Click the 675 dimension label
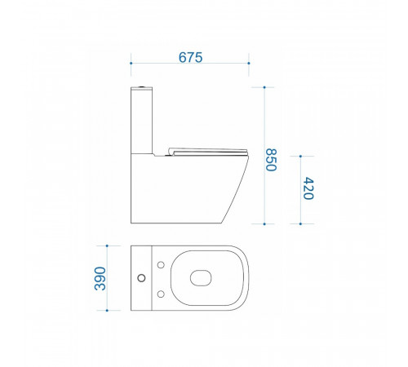click(x=190, y=57)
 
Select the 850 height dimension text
click(x=271, y=160)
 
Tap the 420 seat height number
click(x=308, y=188)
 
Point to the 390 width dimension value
click(x=100, y=279)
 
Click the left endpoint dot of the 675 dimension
click(x=131, y=63)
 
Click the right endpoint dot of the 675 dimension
click(x=249, y=63)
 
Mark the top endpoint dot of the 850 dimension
click(x=264, y=87)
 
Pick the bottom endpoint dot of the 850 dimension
click(x=264, y=224)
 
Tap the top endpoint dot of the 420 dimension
click(x=300, y=157)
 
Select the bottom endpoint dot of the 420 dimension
click(x=300, y=224)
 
